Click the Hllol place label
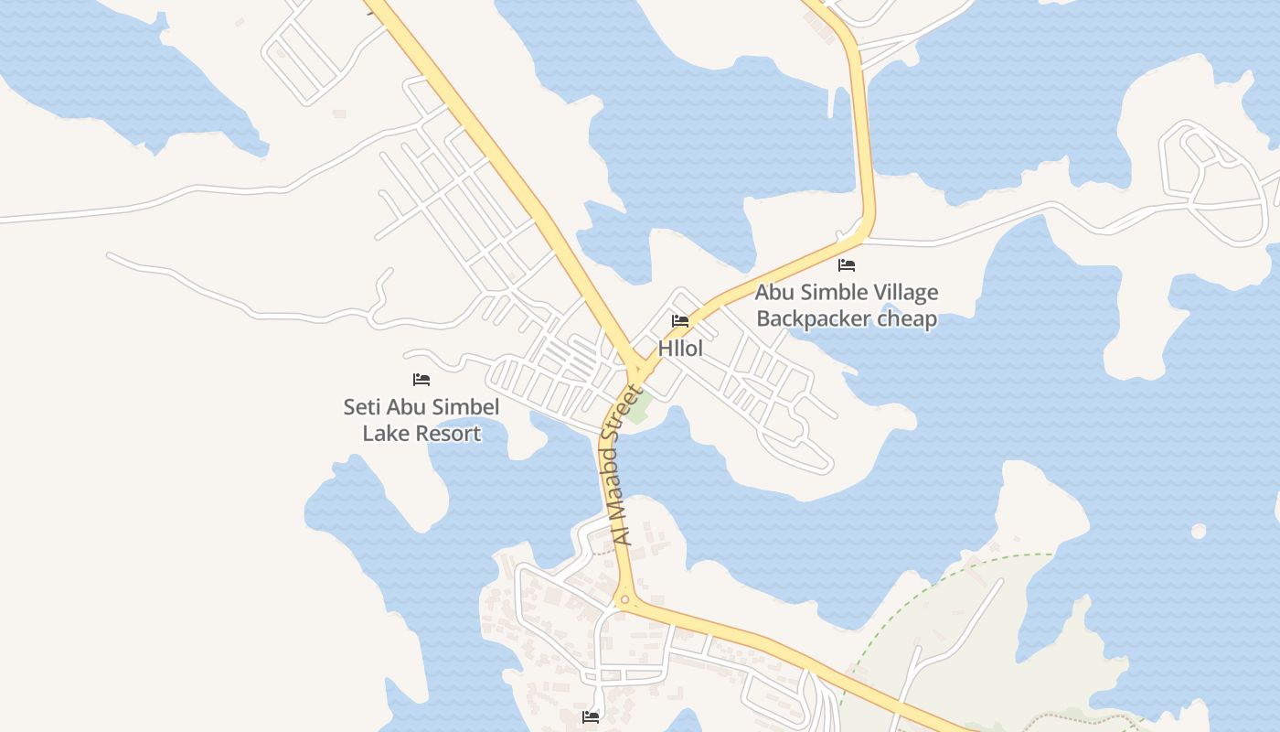point(680,349)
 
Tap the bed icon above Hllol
point(680,321)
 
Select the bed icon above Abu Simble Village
point(847,265)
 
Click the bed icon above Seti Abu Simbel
point(421,379)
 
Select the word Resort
point(448,433)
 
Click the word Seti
point(361,406)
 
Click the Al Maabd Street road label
point(624,467)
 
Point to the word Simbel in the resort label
point(466,406)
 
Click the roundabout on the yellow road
point(625,600)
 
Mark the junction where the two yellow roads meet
point(636,371)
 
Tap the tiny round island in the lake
point(1198,531)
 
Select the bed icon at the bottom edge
point(591,717)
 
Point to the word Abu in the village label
point(775,293)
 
